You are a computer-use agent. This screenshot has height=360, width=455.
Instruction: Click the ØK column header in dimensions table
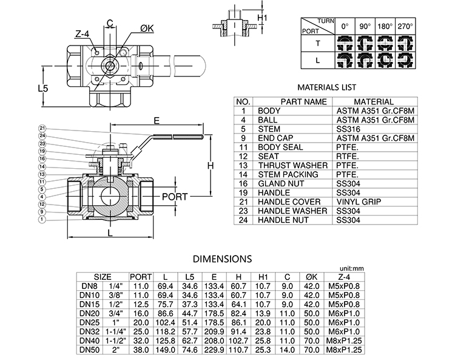[312, 277]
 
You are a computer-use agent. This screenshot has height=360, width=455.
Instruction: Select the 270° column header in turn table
[405, 27]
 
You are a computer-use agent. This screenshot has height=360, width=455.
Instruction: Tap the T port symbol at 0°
[346, 43]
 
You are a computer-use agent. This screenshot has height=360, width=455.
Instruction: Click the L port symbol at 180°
[386, 61]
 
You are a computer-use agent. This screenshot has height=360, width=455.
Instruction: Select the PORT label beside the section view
[174, 197]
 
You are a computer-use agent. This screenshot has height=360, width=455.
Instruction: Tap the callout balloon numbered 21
[42, 128]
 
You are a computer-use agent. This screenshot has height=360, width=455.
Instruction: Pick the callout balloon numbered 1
[42, 220]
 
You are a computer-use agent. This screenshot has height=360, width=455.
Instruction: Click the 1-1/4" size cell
[115, 332]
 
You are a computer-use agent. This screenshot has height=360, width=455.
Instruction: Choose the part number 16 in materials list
[243, 183]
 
